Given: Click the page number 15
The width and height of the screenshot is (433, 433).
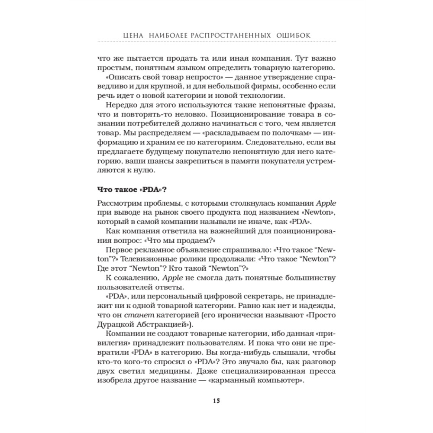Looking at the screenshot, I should (x=216, y=400).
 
